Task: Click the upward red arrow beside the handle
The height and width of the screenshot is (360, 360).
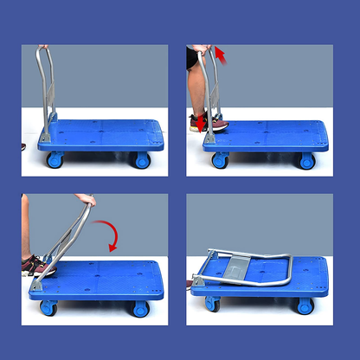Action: [220, 56]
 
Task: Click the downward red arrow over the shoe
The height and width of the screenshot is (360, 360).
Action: [201, 123]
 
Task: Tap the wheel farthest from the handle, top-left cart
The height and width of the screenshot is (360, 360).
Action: [141, 160]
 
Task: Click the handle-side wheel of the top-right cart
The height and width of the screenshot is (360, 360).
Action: [220, 160]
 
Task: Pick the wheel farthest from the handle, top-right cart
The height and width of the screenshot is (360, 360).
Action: [306, 161]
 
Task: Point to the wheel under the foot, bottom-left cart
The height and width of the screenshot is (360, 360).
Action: [48, 308]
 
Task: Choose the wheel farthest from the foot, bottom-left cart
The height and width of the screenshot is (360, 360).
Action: [140, 309]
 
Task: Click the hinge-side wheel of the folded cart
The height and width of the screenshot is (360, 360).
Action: [212, 305]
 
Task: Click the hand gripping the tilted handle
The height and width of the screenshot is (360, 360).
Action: [85, 200]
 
